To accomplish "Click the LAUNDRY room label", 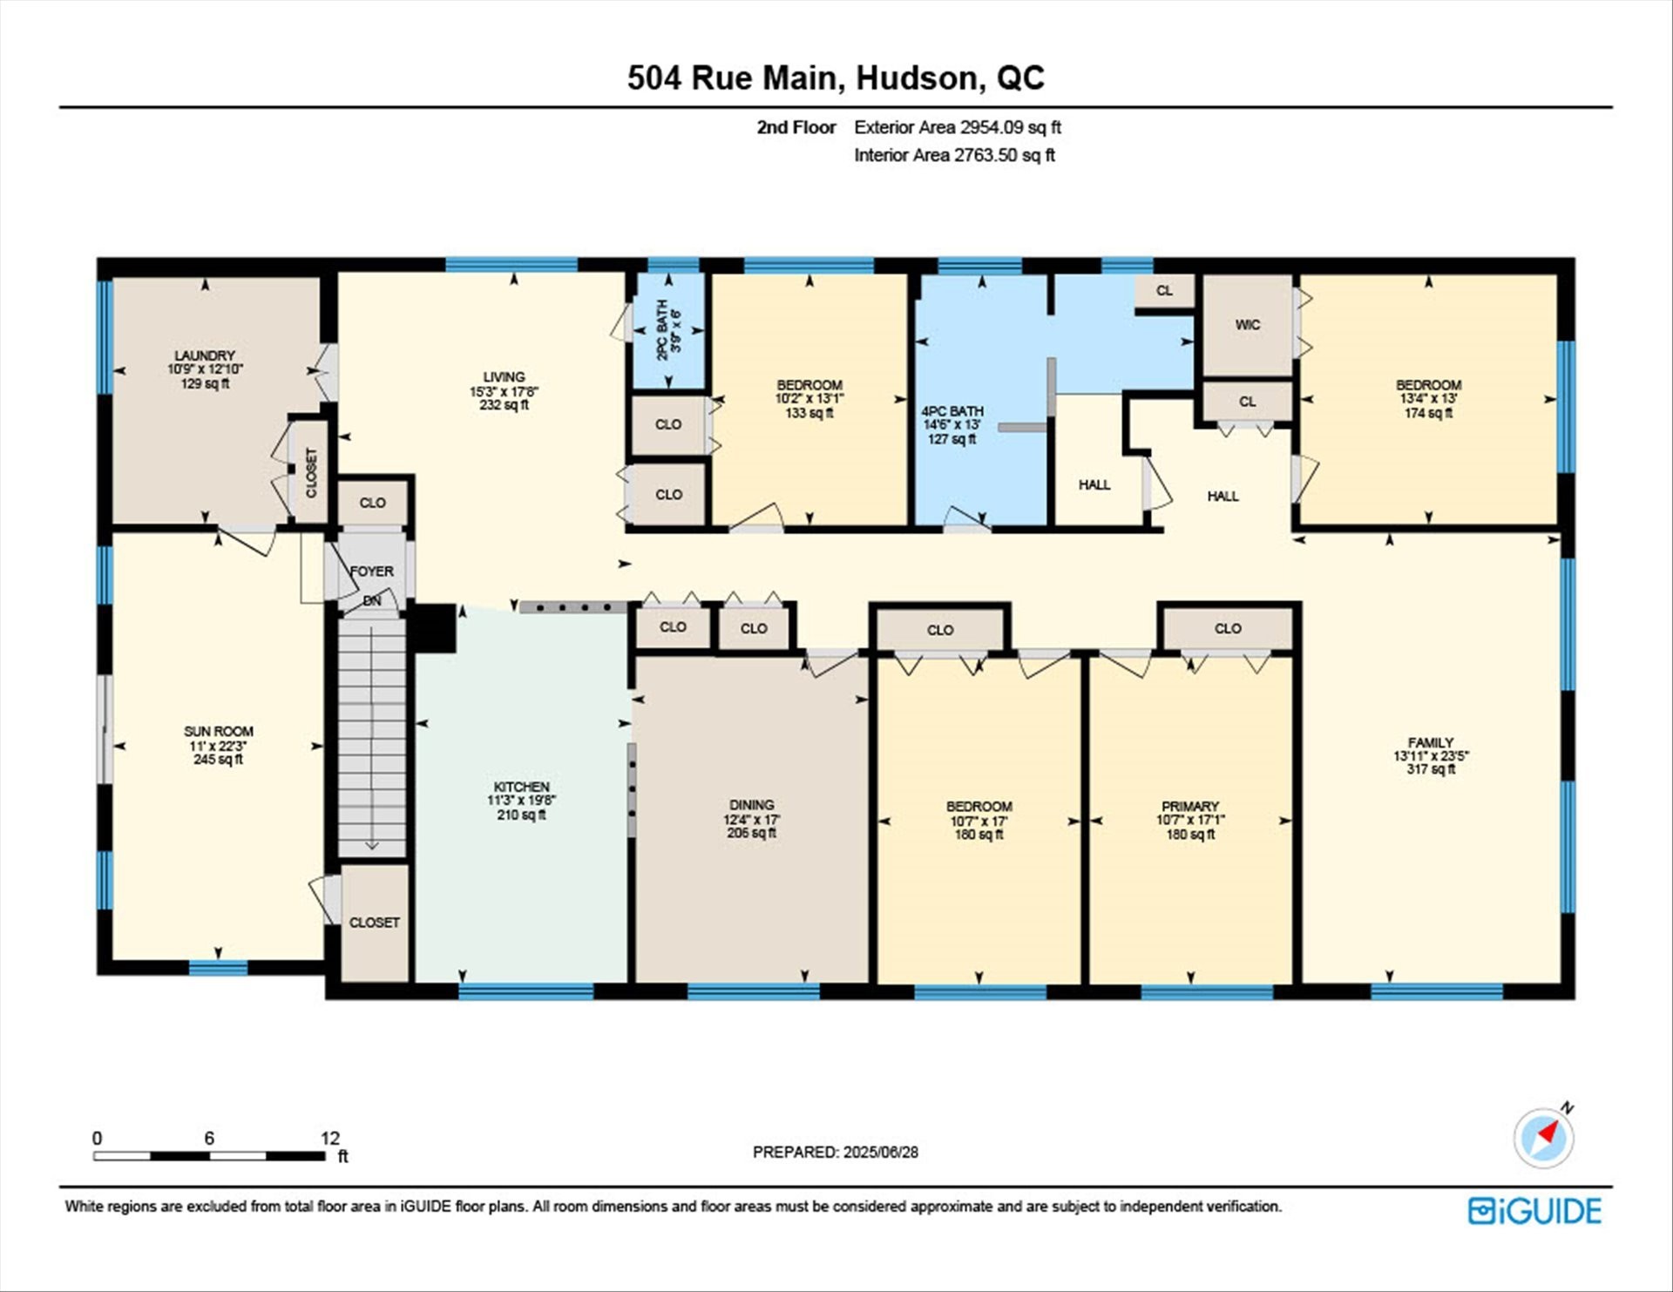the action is (x=205, y=355).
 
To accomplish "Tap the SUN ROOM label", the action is (x=219, y=732).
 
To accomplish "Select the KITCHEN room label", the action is (x=522, y=787).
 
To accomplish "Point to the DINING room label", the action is (x=752, y=805).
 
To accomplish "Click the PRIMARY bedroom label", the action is (x=1190, y=807).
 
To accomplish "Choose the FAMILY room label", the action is (x=1431, y=743).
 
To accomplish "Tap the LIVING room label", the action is (x=505, y=377).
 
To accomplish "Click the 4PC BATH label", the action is (x=952, y=411).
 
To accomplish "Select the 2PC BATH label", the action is (x=662, y=330).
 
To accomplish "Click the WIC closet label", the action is (x=1248, y=325).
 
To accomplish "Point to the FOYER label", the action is (x=372, y=572).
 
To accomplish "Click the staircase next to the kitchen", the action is (x=372, y=736).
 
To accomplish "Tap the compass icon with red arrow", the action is (x=1544, y=1137).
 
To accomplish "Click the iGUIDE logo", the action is (x=1534, y=1211).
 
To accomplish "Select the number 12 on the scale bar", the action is (x=330, y=1138).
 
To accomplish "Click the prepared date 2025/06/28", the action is (x=881, y=1152).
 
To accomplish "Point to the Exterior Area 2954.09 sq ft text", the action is (x=958, y=127).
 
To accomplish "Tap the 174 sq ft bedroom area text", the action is (x=1429, y=413).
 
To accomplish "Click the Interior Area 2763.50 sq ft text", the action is (x=955, y=155).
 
